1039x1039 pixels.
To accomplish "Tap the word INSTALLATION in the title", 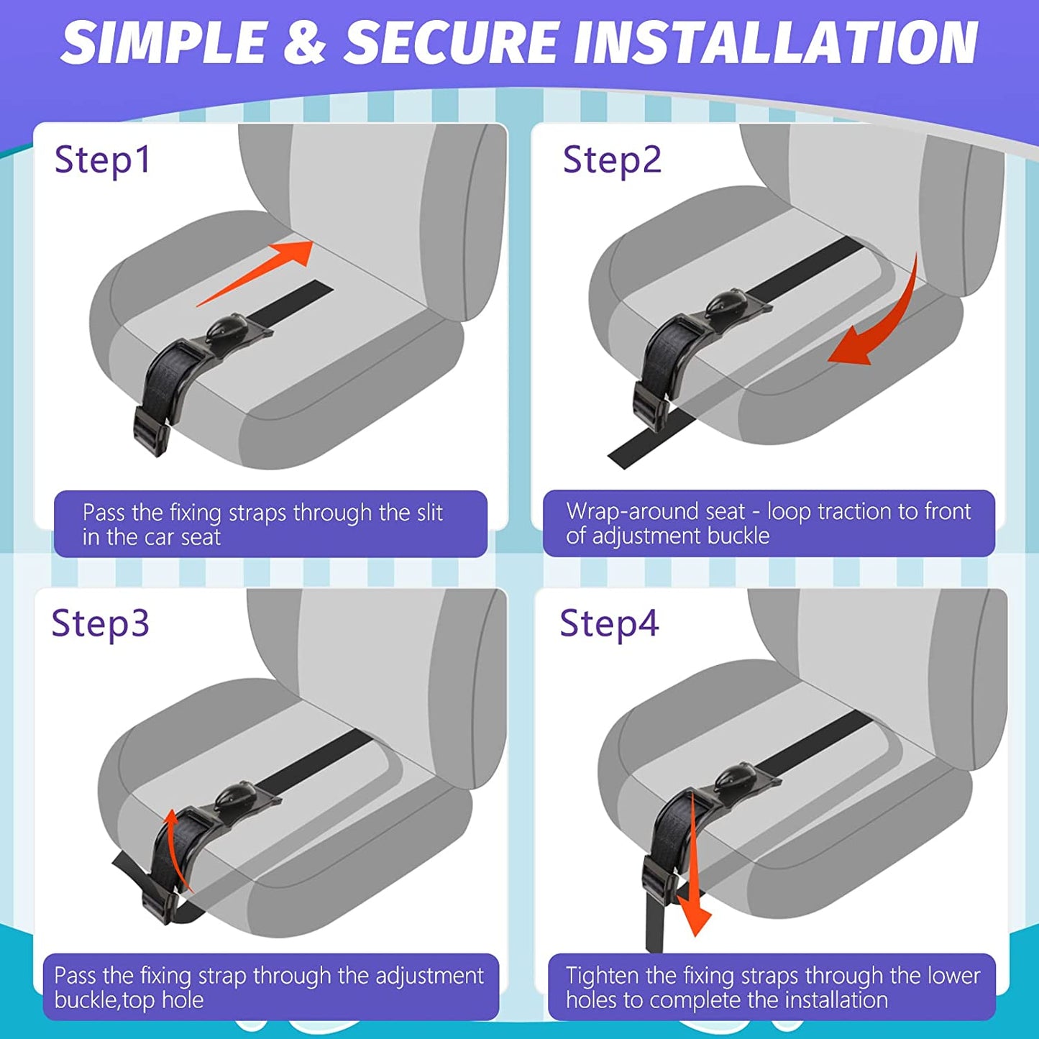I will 777,42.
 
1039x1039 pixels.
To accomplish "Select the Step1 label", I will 103,160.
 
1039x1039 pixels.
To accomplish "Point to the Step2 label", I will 611,160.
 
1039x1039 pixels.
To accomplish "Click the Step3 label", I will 100,623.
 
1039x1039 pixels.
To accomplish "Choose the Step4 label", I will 608,623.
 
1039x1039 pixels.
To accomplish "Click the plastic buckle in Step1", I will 151,430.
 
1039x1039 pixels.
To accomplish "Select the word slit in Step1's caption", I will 429,513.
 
